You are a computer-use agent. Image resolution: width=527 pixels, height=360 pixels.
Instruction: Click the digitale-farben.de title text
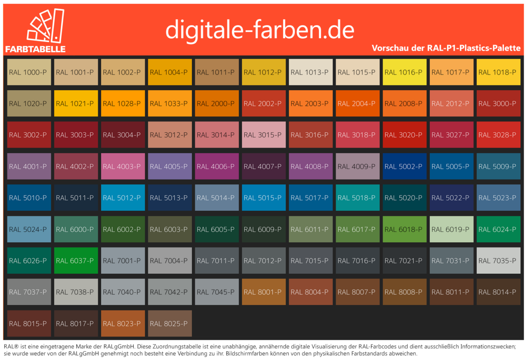[259, 29]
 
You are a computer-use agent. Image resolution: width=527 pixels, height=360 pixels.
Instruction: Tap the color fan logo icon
[45, 26]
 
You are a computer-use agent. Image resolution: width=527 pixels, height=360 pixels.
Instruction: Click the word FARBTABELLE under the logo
[35, 49]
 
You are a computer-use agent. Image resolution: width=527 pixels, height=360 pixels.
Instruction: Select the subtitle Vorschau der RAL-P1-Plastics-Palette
[446, 48]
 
